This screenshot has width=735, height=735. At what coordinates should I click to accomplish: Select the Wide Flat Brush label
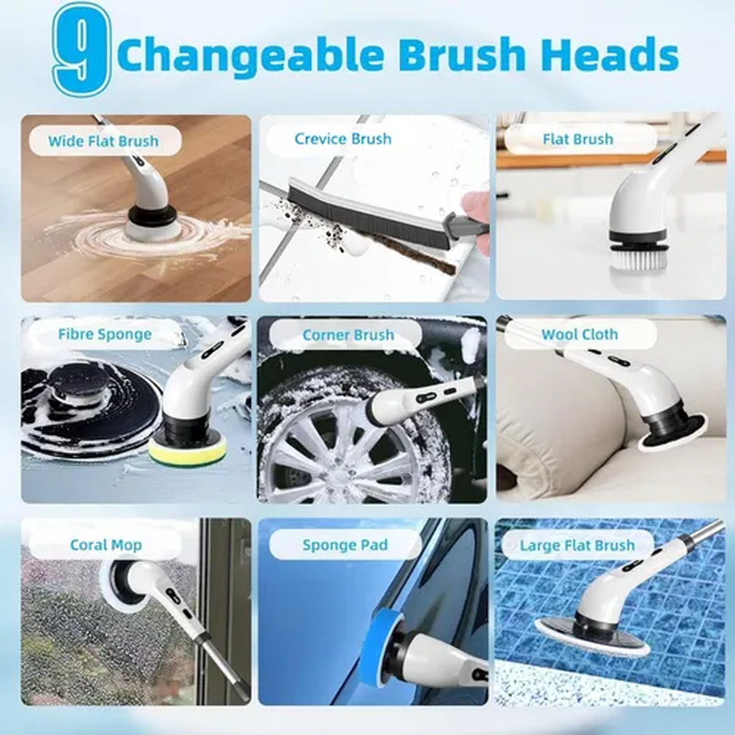point(103,141)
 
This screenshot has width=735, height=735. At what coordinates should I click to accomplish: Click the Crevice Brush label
point(342,139)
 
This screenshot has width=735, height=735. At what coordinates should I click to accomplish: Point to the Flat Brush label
point(578,140)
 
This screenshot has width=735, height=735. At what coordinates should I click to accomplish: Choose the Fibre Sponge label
point(105,334)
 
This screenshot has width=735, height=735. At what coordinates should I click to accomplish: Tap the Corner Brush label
point(348,335)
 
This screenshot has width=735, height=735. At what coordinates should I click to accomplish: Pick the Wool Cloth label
point(579,334)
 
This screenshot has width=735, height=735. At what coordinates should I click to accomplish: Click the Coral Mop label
point(106,544)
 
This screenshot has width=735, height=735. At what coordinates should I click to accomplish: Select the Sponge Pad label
point(345,544)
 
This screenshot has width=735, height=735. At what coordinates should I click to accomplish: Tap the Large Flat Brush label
point(577,546)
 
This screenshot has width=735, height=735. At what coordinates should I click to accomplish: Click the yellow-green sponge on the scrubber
point(189,451)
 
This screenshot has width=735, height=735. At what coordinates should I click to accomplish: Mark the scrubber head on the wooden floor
point(151,220)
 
